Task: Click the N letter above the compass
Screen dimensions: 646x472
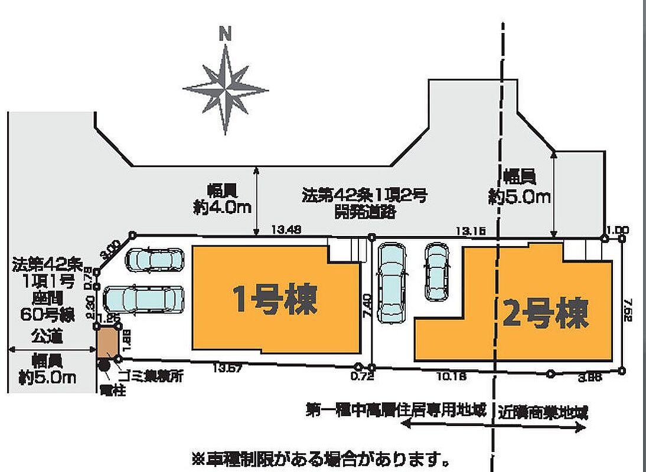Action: click(x=224, y=33)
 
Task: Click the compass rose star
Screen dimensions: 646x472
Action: click(x=225, y=90)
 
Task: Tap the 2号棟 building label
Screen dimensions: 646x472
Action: click(x=546, y=313)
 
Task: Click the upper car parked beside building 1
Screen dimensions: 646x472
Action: click(x=155, y=260)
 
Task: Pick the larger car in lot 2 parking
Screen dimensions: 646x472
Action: click(x=392, y=283)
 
